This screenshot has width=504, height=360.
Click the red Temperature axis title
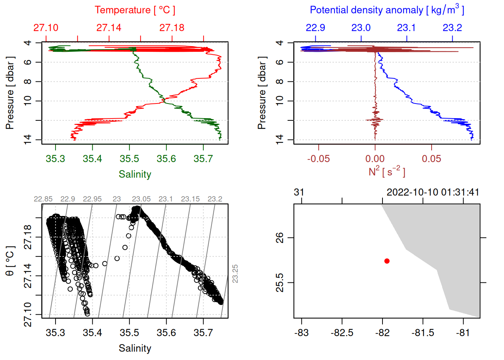(x=135, y=10)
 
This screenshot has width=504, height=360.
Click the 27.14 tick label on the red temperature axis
(x=109, y=28)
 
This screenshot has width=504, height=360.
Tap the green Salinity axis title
(x=135, y=174)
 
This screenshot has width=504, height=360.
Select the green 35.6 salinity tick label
(x=166, y=159)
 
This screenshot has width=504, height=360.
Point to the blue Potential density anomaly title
(x=387, y=10)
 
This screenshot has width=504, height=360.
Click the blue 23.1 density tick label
(x=406, y=28)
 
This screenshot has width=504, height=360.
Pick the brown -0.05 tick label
(x=318, y=159)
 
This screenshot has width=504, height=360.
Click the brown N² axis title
(x=387, y=172)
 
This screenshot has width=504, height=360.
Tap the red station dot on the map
(x=387, y=261)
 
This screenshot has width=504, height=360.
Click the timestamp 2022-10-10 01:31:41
(x=433, y=192)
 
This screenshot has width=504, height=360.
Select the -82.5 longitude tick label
(x=342, y=333)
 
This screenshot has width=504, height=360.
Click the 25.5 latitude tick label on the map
(x=280, y=282)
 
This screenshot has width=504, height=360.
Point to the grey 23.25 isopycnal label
(x=235, y=274)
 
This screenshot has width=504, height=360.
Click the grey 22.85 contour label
(x=43, y=199)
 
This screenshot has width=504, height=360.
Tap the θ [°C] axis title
(x=10, y=261)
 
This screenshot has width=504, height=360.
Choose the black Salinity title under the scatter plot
(x=135, y=348)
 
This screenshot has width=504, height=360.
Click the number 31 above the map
(x=299, y=192)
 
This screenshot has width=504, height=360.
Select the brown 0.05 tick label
(x=431, y=159)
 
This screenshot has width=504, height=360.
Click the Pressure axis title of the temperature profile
(x=10, y=93)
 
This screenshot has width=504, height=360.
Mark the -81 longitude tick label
(x=463, y=333)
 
